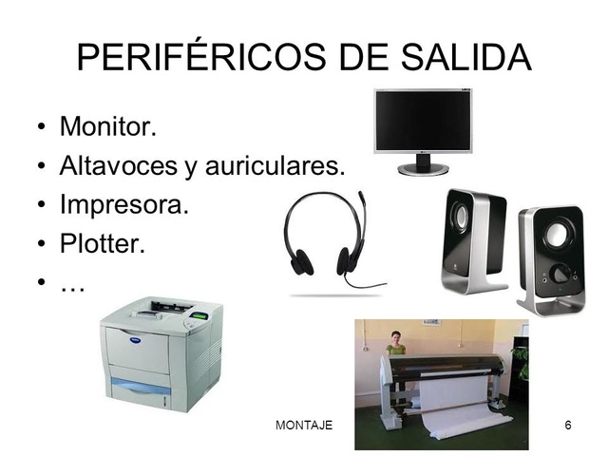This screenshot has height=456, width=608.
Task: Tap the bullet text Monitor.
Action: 107,126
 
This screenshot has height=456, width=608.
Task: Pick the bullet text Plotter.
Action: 102,244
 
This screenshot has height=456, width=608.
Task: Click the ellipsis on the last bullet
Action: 72,283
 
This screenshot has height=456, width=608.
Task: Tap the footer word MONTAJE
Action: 303,425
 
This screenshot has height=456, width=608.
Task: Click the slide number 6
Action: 568,425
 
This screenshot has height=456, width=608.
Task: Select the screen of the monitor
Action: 424,122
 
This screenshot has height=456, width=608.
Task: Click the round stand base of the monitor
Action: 423,169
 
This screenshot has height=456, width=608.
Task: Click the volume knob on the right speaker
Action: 560,274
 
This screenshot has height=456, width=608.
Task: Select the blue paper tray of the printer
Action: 141,387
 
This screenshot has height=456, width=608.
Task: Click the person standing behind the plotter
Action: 395,344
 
